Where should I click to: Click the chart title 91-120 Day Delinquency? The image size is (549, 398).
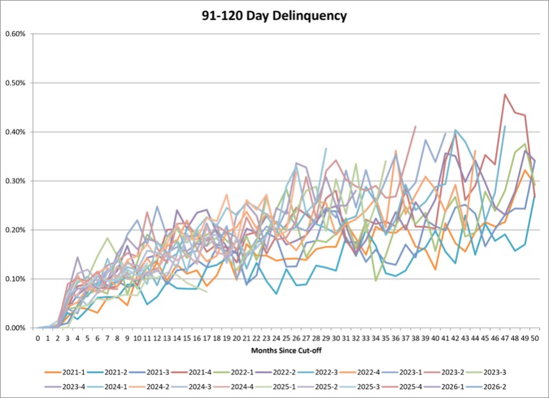click(x=274, y=16)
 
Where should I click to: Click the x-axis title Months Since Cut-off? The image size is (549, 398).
click(x=286, y=351)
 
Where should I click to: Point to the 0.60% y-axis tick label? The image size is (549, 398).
click(x=15, y=34)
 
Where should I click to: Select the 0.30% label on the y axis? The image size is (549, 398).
click(x=15, y=181)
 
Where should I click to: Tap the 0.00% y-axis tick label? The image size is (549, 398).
click(x=15, y=328)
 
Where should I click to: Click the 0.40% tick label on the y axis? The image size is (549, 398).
click(x=15, y=132)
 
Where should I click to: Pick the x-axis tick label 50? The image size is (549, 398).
click(x=535, y=338)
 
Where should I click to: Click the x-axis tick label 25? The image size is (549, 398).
click(x=286, y=338)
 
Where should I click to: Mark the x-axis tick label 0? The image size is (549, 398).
click(x=38, y=338)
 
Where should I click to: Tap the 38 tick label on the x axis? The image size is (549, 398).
click(x=416, y=338)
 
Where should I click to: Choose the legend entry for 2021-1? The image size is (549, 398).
click(x=65, y=372)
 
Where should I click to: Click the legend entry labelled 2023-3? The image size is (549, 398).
click(x=486, y=372)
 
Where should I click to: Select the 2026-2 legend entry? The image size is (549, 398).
click(x=486, y=387)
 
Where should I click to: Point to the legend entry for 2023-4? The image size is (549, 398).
click(x=65, y=387)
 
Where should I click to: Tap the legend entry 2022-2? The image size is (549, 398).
click(x=275, y=372)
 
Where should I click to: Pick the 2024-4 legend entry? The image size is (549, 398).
click(x=234, y=387)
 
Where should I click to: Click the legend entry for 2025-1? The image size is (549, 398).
click(x=275, y=387)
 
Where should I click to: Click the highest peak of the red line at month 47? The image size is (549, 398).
click(x=505, y=94)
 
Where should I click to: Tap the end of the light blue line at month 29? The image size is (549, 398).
click(x=326, y=148)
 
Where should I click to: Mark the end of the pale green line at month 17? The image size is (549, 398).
click(x=207, y=292)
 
